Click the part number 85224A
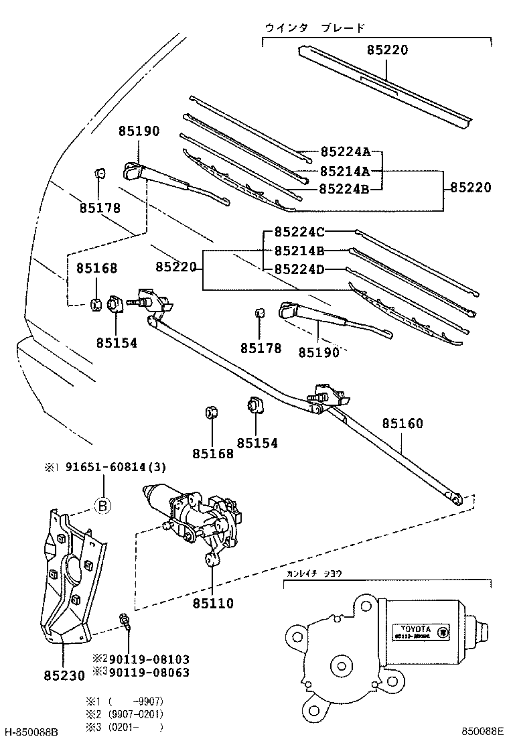click(345, 152)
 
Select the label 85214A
click(345, 171)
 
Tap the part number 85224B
click(345, 189)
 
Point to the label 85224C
click(299, 232)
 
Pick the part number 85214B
click(299, 251)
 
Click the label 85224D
click(299, 270)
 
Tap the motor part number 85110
click(213, 604)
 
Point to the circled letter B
click(101, 506)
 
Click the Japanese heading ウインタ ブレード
click(315, 28)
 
